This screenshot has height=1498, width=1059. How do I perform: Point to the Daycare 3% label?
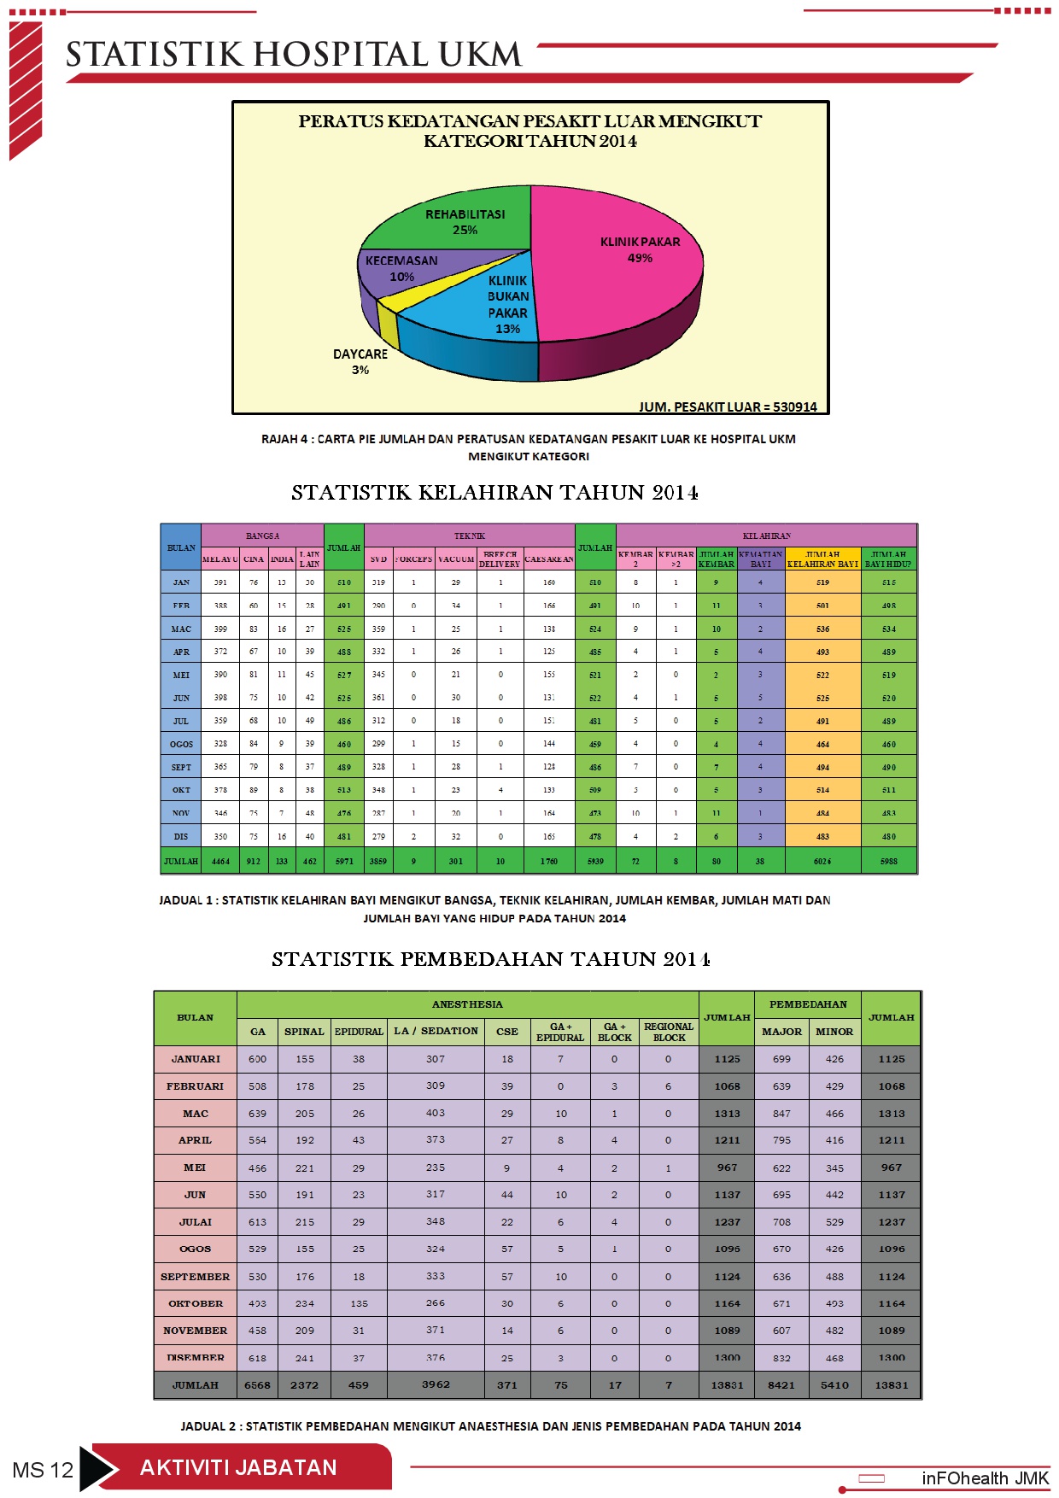[x=360, y=361]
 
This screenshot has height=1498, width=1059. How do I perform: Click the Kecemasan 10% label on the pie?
[x=401, y=268]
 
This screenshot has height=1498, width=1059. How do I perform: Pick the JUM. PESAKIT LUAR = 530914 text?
[x=728, y=407]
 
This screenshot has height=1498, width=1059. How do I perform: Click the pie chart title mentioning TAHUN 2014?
[x=529, y=131]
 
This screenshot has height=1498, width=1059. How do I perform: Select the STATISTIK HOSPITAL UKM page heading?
[x=293, y=55]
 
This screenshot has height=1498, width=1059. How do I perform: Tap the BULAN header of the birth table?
[x=181, y=547]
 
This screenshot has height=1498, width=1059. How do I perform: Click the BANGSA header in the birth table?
[x=262, y=535]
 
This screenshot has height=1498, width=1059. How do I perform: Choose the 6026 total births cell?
[x=822, y=861]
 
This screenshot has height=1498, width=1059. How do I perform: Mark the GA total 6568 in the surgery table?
[x=257, y=1384]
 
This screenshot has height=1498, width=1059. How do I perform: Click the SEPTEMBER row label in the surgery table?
[x=195, y=1276]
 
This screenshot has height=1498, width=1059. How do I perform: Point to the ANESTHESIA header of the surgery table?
[x=467, y=1004]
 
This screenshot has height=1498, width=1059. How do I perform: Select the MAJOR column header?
[x=781, y=1032]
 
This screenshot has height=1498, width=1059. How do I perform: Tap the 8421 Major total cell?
[x=781, y=1384]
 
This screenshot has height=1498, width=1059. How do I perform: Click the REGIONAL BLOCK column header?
[x=669, y=1032]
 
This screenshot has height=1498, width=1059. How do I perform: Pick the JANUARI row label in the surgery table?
[x=195, y=1059]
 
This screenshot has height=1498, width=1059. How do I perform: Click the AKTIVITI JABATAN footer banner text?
[x=238, y=1467]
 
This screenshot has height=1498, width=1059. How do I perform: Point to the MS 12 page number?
[x=43, y=1470]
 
